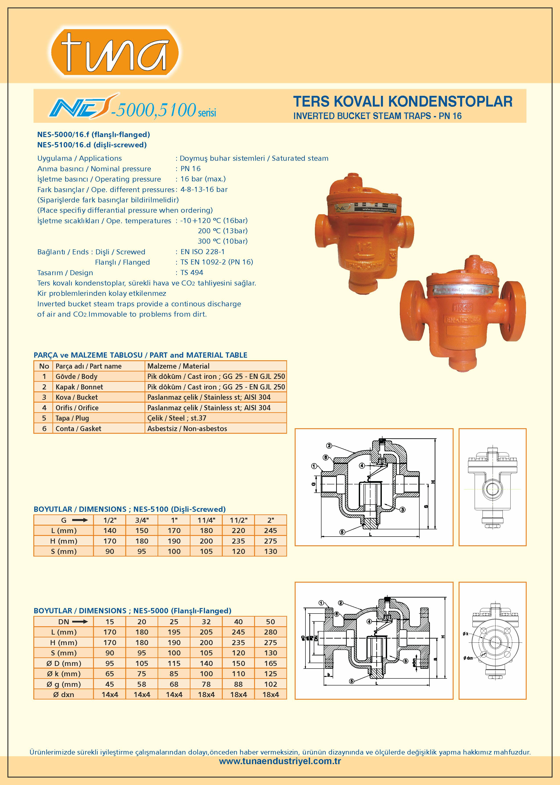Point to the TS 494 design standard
click(x=192, y=273)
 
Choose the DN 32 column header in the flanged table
click(x=206, y=622)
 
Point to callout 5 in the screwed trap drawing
click(x=342, y=532)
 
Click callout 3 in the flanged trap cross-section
click(x=406, y=661)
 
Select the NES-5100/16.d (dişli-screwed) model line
click(x=92, y=145)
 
